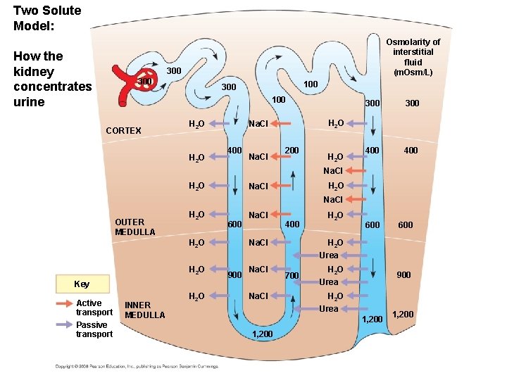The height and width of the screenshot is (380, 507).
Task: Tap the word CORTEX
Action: tap(123, 131)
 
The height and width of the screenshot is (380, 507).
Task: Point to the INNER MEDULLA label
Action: tap(144, 310)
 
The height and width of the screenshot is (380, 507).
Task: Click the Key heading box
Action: tap(82, 284)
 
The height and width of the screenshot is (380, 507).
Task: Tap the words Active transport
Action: tap(94, 308)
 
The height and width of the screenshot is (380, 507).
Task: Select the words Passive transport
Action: tap(94, 329)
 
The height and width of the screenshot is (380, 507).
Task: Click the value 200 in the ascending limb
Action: tap(292, 151)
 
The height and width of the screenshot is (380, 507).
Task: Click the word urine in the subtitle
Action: tap(29, 102)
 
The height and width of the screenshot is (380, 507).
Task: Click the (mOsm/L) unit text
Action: tap(413, 72)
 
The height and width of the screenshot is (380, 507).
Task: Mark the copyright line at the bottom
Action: tap(137, 367)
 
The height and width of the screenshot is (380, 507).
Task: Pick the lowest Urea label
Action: tap(329, 308)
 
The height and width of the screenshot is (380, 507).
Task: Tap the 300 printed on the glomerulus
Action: tap(144, 82)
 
